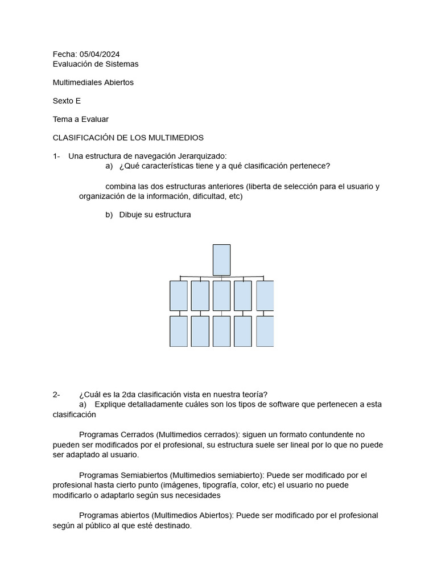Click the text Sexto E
(67, 101)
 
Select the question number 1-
(56, 156)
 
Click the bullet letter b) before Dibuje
(109, 215)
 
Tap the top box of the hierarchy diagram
(221, 260)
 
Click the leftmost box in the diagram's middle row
(179, 295)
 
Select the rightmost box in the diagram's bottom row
(265, 331)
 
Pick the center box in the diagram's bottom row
(221, 331)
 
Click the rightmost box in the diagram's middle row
(265, 295)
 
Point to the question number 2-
(56, 395)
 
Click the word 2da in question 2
(131, 395)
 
